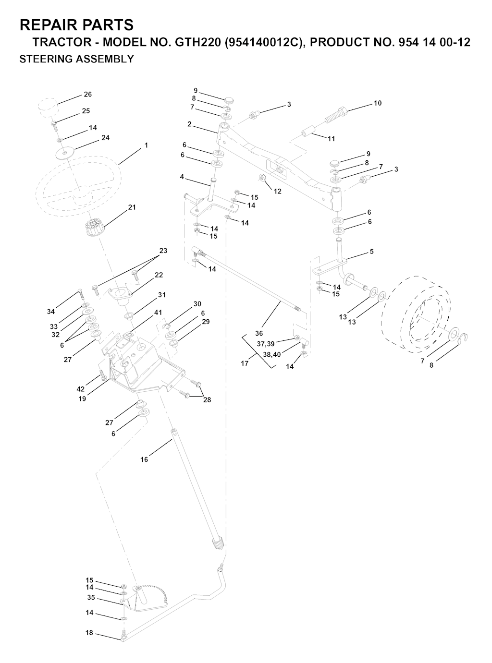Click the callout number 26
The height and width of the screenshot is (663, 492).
click(87, 95)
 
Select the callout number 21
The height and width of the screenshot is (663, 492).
click(132, 207)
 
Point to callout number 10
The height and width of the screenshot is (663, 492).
click(378, 103)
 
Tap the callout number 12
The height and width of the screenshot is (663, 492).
click(278, 192)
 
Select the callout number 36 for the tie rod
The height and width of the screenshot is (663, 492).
click(259, 333)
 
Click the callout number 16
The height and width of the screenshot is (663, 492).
click(144, 459)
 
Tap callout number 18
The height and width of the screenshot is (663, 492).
click(89, 633)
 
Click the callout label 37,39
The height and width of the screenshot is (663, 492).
click(265, 344)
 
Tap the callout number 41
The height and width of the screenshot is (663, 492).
click(158, 313)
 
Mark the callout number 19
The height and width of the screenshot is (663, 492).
click(83, 398)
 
